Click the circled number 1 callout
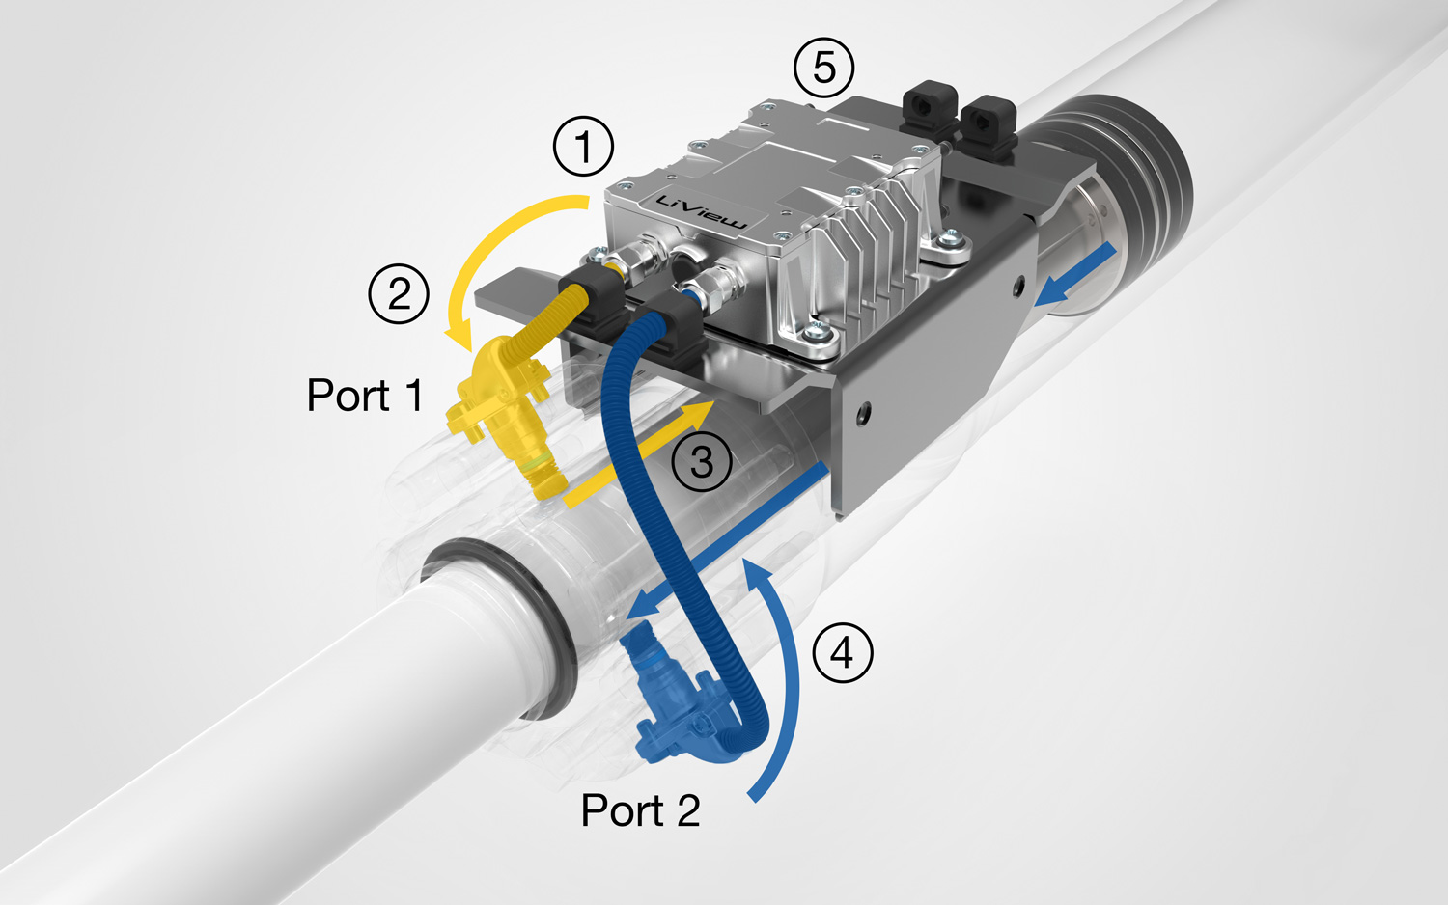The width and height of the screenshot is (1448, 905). pyautogui.click(x=583, y=147)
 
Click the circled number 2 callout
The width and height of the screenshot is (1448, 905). pyautogui.click(x=399, y=293)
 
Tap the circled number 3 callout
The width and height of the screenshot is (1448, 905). pyautogui.click(x=702, y=461)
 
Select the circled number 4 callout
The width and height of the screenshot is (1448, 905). pyautogui.click(x=843, y=653)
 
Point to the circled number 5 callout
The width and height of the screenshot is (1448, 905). pyautogui.click(x=823, y=68)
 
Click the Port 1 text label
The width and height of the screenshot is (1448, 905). pyautogui.click(x=365, y=396)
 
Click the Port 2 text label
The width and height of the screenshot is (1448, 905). pyautogui.click(x=640, y=810)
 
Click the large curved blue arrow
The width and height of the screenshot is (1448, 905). pyautogui.click(x=787, y=675)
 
